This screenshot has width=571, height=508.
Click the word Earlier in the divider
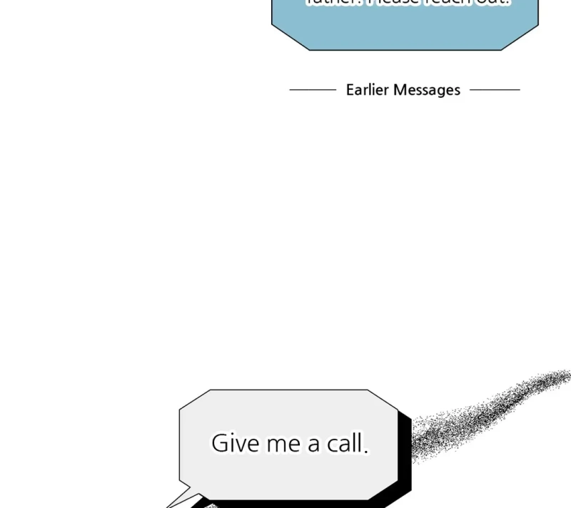367,90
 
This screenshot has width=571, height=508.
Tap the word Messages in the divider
427,90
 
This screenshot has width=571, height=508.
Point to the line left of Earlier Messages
313,90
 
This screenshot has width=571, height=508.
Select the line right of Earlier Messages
495,90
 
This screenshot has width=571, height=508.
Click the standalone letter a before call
314,445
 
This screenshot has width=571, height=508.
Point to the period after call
366,452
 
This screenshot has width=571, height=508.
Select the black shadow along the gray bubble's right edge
405,457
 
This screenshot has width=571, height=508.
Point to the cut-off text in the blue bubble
407,3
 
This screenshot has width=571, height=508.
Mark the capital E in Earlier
350,90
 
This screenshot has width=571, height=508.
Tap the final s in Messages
456,91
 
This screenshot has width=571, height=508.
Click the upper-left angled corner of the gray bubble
193,399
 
